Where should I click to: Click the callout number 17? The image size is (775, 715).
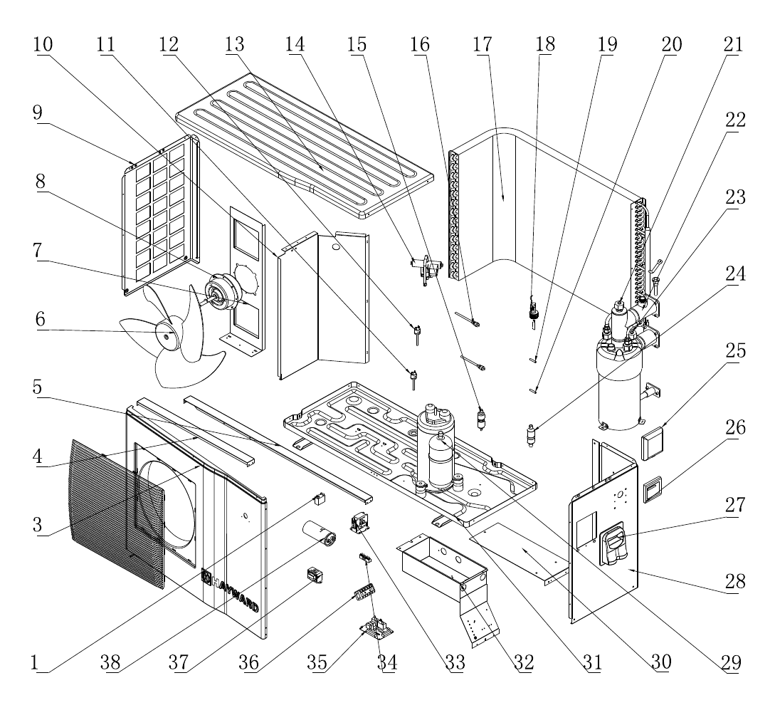tap(483, 44)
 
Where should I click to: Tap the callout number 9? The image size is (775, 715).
tap(38, 113)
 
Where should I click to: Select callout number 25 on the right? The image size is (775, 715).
tap(735, 350)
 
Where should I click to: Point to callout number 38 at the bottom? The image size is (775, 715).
tap(110, 662)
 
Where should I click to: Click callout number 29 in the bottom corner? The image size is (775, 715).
tap(731, 662)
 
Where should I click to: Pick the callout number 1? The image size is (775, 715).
tap(34, 662)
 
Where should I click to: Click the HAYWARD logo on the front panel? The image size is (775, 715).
tap(230, 591)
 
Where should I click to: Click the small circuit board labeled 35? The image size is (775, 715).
tap(377, 627)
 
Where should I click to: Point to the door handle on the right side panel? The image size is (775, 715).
tap(614, 544)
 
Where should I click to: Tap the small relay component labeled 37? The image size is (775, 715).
tap(315, 575)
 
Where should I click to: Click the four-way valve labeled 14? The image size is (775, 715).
tap(426, 268)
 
